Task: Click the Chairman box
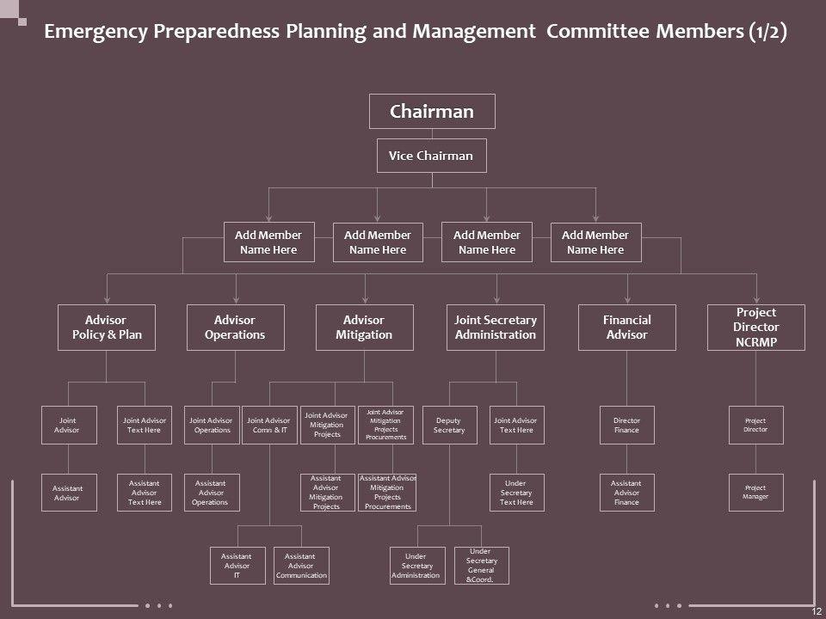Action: tap(432, 112)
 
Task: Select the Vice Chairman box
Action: tap(432, 156)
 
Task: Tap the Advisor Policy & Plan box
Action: tap(106, 328)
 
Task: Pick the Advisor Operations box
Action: tap(235, 328)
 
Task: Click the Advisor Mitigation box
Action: tap(365, 328)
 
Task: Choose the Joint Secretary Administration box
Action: tap(496, 328)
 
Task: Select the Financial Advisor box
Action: tap(626, 328)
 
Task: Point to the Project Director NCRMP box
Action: tap(756, 328)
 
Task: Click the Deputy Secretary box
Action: tap(449, 425)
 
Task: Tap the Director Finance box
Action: tap(626, 425)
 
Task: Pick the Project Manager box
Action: tap(755, 493)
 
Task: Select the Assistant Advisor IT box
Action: tap(237, 566)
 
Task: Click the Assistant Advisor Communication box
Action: tap(301, 566)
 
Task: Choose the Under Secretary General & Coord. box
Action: tap(481, 566)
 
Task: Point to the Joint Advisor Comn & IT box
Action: tap(269, 425)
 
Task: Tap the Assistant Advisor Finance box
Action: tap(626, 493)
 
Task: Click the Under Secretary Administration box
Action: tap(417, 566)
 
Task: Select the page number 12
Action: tap(816, 610)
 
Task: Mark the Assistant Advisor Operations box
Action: tap(212, 493)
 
